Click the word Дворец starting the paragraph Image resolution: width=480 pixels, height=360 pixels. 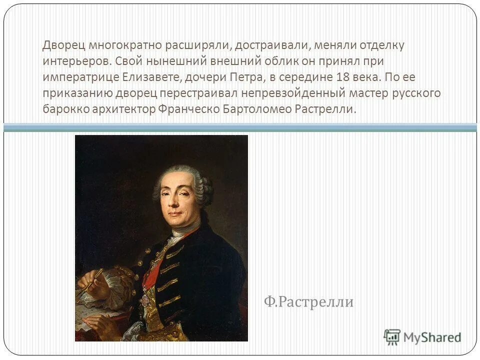tap(63, 45)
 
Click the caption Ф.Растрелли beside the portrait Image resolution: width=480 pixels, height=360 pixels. tap(308, 302)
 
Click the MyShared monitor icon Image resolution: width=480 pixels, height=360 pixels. tap(392, 337)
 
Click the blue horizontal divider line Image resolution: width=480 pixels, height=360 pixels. tap(240, 127)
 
